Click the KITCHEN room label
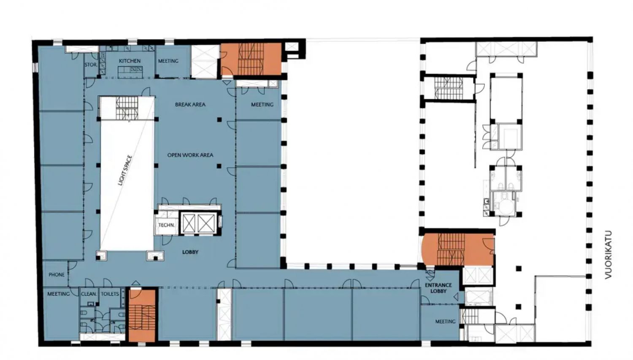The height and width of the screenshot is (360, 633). click(130, 61)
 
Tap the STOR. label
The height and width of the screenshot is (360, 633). click(91, 65)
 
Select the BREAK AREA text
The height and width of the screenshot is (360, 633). click(190, 105)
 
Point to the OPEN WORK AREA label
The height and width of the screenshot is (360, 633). click(190, 155)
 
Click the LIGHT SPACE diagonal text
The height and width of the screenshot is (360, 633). click(125, 171)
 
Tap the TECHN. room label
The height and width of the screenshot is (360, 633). click(166, 225)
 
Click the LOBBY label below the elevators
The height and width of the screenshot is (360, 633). click(190, 252)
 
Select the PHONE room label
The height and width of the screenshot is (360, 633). click(57, 275)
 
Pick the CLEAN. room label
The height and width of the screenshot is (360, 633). click(89, 294)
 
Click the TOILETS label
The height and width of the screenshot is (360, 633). click(110, 294)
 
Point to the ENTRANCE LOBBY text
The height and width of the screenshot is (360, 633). click(438, 288)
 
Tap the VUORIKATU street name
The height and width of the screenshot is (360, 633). click(608, 255)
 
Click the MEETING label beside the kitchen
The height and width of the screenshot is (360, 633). click(168, 61)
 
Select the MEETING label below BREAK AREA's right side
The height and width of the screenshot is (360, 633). click(262, 105)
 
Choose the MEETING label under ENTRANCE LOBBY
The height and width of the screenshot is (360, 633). click(445, 322)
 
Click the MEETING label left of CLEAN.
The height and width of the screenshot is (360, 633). click(59, 294)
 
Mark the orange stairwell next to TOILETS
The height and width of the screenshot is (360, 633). click(142, 315)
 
